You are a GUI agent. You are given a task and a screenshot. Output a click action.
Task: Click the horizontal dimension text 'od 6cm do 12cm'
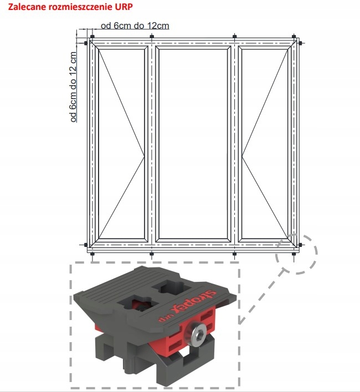(135, 25)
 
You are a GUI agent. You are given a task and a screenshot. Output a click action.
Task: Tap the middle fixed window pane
(193, 144)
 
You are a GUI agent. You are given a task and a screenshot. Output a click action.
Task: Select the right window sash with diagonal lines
(265, 144)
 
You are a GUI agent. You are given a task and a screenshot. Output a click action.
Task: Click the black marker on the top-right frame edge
(300, 43)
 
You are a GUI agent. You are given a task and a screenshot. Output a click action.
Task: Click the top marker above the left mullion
(151, 37)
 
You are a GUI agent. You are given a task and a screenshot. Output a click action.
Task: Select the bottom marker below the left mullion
(151, 254)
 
